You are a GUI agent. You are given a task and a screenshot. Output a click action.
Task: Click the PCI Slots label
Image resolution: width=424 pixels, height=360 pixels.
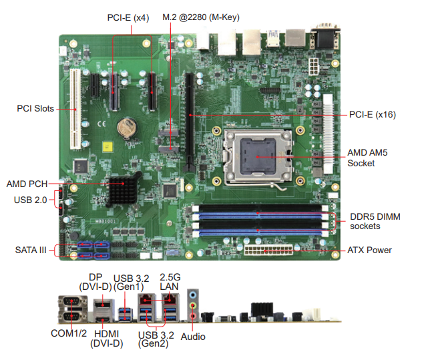pos(35,108)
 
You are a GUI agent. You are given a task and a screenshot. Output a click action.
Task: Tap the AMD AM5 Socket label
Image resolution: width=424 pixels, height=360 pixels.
pos(367,158)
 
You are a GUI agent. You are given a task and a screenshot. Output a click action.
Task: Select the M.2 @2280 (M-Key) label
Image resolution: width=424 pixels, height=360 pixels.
pos(200,17)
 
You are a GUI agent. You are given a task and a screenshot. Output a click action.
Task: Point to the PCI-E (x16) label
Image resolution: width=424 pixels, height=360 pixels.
pos(373,115)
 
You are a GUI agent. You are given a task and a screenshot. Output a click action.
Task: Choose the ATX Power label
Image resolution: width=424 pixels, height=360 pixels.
pos(369,250)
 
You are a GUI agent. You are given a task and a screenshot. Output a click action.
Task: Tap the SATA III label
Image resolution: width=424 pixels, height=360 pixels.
pos(31,250)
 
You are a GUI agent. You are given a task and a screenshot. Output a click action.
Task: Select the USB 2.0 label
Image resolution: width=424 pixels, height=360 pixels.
pos(30,200)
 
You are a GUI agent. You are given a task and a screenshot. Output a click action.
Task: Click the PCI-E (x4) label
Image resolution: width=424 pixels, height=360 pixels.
pos(128,17)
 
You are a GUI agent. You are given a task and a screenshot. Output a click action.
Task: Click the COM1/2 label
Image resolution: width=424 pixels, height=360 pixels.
pos(69,333)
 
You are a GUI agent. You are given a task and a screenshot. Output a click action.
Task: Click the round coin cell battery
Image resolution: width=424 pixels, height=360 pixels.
pos(126,125)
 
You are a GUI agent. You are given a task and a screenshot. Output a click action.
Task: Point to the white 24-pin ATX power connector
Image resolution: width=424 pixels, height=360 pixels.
pos(267,252)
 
